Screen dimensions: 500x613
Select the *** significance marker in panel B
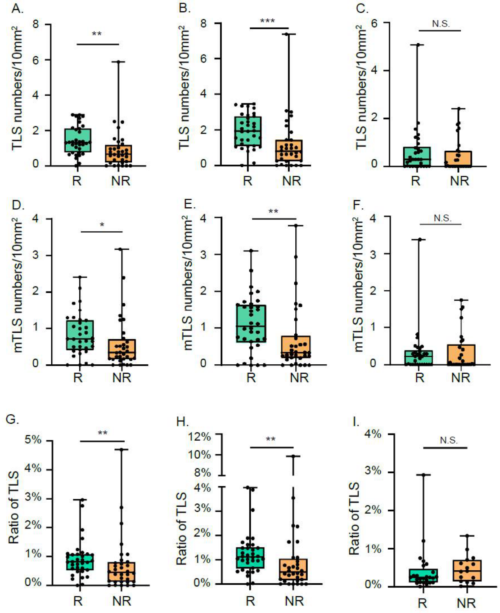pyautogui.click(x=267, y=21)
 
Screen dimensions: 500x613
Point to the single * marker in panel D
pyautogui.click(x=102, y=225)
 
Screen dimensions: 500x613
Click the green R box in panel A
pyautogui.click(x=78, y=140)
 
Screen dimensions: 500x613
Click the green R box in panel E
pyautogui.click(x=251, y=323)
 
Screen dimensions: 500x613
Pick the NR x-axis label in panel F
pyautogui.click(x=461, y=377)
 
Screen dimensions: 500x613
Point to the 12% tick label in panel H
pyautogui.click(x=200, y=437)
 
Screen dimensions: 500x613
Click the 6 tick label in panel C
pyautogui.click(x=374, y=23)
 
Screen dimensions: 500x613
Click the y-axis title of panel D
pyautogui.click(x=18, y=285)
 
